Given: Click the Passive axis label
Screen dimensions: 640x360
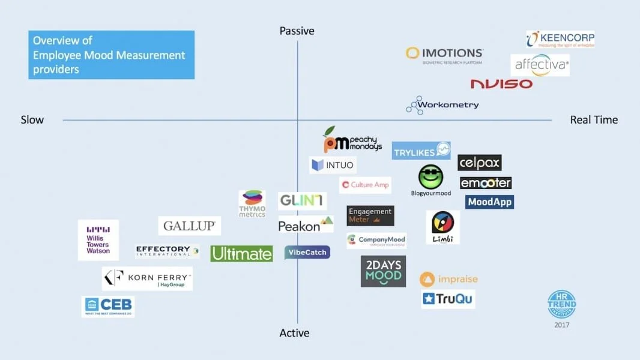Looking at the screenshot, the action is click(297, 31).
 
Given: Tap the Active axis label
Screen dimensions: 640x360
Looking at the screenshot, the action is click(294, 333).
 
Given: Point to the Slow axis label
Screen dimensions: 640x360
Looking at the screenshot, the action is click(32, 120).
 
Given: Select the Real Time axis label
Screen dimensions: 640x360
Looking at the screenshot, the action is click(594, 120).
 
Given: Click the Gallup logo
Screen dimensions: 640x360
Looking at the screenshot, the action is click(190, 226).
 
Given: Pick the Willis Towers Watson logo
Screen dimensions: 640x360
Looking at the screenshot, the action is click(98, 240).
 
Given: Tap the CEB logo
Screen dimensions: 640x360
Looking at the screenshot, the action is click(108, 307).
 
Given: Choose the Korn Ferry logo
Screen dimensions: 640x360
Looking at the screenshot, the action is click(148, 278).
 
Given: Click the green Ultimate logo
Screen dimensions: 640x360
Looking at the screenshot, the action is click(241, 254).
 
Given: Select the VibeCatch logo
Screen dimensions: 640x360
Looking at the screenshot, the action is click(307, 253).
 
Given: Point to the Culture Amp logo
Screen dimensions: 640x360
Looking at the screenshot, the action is click(365, 185).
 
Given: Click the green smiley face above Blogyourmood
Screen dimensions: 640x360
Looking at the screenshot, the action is click(430, 177).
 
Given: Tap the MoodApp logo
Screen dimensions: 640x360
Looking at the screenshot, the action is click(489, 202).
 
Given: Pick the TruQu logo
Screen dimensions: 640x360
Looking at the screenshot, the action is click(448, 299).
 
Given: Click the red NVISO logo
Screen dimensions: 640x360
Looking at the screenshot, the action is click(501, 84).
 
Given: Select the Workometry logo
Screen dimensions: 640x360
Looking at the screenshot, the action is click(442, 105).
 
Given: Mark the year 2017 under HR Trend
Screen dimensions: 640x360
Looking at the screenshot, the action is click(562, 325).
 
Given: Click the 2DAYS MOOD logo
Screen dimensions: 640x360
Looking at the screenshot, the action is click(383, 271).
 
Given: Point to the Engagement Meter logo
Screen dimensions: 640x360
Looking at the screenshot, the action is click(370, 215).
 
